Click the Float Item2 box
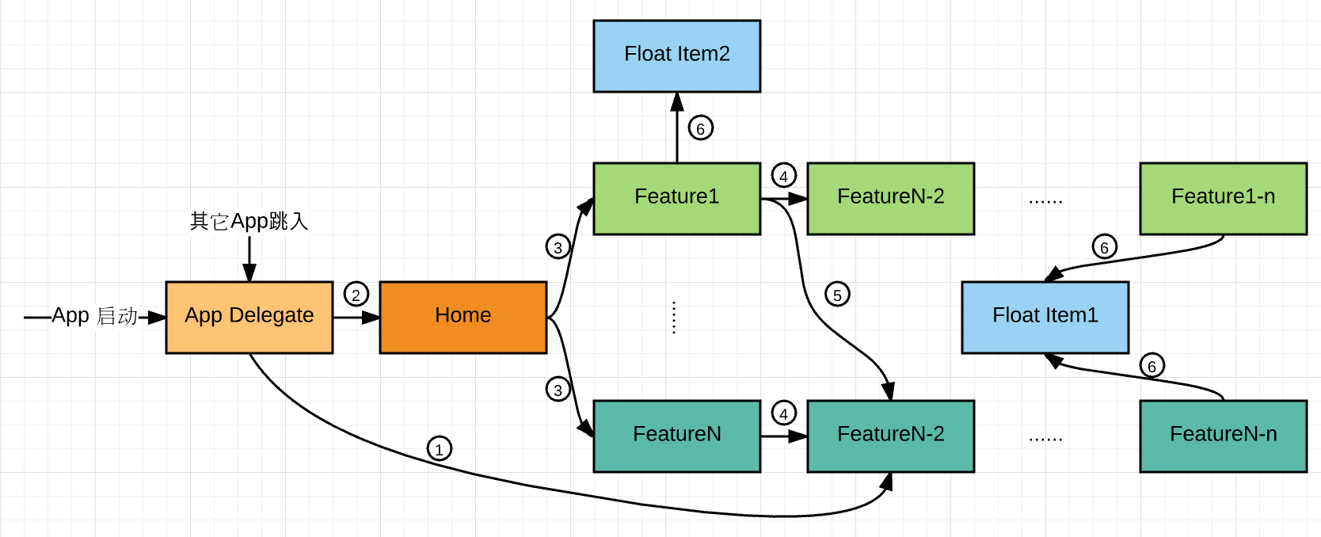pos(676,56)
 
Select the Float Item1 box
pos(1045,317)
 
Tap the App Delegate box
pos(249,317)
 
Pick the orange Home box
pos(463,317)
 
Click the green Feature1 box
pos(676,198)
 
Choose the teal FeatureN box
pos(676,436)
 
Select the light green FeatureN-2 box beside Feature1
pos(890,198)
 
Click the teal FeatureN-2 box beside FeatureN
pos(890,436)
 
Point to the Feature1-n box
pos(1223,198)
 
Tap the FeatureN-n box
pos(1223,436)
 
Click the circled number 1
pos(439,449)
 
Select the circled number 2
pos(356,295)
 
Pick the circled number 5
pos(837,295)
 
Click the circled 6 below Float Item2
pos(700,128)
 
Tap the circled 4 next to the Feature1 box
pos(783,176)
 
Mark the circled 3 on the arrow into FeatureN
pos(558,390)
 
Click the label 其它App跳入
pos(249,221)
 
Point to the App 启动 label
pos(94,316)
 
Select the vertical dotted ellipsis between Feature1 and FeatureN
pos(673,317)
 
